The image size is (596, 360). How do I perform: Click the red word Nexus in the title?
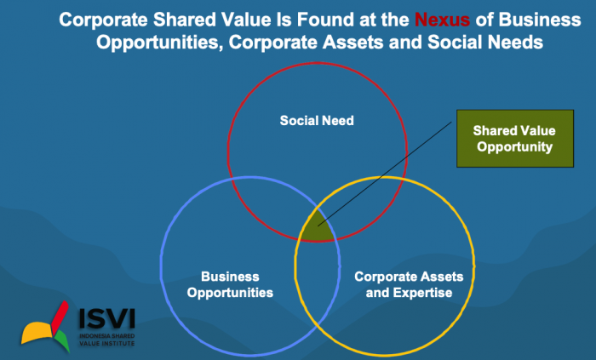[x=442, y=20]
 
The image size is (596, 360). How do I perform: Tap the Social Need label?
[x=317, y=121]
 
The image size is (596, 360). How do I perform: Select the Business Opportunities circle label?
[x=230, y=284]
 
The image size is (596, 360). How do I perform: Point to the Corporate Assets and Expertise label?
[x=409, y=284]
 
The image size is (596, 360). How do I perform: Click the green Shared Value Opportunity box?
[x=515, y=139]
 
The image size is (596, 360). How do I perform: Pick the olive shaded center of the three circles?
[x=318, y=227]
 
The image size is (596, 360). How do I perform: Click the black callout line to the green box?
[x=385, y=174]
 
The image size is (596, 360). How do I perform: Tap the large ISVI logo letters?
[x=106, y=318]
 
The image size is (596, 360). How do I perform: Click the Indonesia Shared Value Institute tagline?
[x=106, y=340]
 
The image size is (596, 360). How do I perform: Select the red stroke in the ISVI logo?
[x=60, y=316]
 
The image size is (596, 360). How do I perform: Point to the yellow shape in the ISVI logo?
[x=37, y=332]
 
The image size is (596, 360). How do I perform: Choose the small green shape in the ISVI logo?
[x=62, y=340]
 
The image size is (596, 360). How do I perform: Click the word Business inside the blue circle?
[x=230, y=277]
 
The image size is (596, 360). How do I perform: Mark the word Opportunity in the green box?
[x=514, y=147]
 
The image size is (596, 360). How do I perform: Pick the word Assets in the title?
[x=352, y=43]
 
